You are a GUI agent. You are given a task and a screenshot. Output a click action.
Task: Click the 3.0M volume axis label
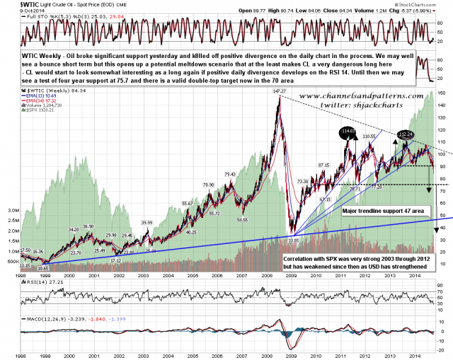[x=13, y=211]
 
